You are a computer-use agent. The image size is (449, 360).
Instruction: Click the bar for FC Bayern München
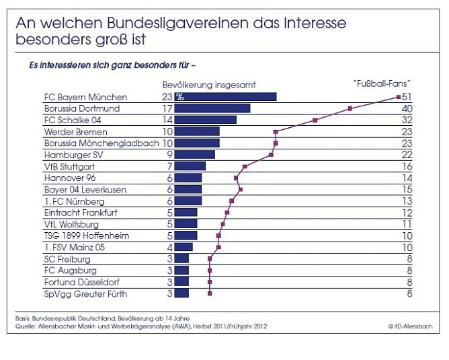point(225,97)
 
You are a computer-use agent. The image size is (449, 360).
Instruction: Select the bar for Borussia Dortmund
point(212,108)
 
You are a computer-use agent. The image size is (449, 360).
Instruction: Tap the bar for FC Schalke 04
point(206,120)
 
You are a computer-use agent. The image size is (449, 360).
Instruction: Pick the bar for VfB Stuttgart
point(190,166)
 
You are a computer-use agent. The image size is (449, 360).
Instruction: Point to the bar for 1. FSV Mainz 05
point(183,247)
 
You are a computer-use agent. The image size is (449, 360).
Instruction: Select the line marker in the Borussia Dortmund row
point(350,108)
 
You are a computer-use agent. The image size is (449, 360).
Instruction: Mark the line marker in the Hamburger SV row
point(271,154)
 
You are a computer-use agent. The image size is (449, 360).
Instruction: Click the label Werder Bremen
point(75,131)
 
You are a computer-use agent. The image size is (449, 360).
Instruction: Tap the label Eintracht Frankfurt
point(81,212)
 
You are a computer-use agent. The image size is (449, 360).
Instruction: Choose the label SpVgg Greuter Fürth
point(85,293)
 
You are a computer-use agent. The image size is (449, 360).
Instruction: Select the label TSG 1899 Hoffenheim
point(86,236)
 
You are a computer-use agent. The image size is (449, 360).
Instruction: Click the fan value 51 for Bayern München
point(407,97)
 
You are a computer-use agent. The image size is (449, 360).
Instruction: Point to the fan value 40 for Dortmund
point(407,108)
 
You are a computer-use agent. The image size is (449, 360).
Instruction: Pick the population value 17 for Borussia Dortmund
point(168,108)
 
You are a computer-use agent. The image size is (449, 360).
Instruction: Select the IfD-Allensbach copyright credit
point(410,326)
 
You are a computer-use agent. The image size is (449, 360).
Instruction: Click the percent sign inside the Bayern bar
point(179,98)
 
